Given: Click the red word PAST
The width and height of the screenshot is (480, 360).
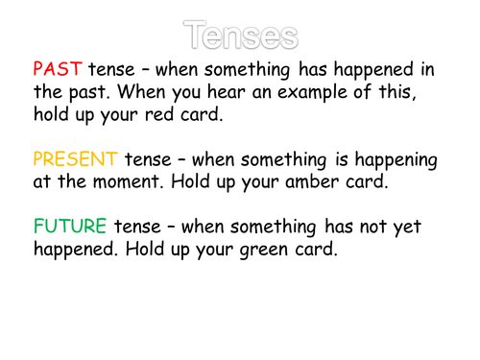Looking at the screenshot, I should tap(59, 71).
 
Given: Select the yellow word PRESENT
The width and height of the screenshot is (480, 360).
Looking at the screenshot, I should tap(73, 158).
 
